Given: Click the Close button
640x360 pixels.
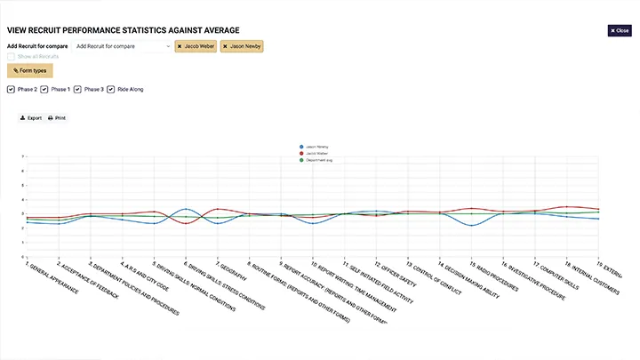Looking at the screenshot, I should click(619, 30).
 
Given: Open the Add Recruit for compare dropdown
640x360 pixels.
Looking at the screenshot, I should click(123, 46).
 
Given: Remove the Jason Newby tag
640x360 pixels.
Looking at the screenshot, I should click(226, 46).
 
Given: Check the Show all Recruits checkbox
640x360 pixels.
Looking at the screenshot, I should click(11, 56).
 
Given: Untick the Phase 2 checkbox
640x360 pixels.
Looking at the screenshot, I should click(11, 89).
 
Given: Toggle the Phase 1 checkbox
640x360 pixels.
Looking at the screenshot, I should click(44, 89).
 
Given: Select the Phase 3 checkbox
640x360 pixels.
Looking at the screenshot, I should click(78, 89).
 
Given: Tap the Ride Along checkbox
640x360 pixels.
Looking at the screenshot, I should click(111, 89).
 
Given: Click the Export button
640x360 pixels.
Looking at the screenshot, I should click(31, 117).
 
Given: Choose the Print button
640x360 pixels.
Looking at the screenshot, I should click(57, 117).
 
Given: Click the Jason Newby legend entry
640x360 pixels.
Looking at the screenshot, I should click(315, 146).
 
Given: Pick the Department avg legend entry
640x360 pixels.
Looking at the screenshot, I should click(316, 158).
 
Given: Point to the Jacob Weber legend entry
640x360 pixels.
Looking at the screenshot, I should click(315, 152).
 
